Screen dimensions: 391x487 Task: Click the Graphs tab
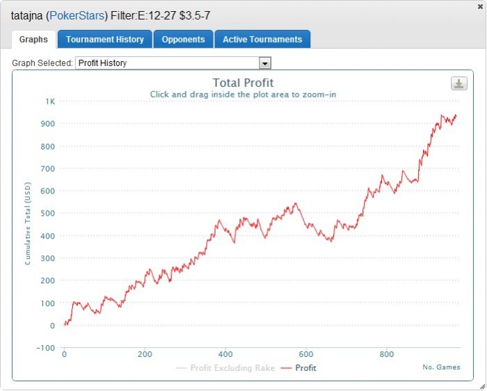(x=33, y=40)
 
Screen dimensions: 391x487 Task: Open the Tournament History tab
(x=104, y=40)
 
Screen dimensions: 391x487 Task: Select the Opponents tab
(x=183, y=40)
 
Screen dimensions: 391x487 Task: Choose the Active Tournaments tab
(x=262, y=40)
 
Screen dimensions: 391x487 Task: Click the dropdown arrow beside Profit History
(x=264, y=63)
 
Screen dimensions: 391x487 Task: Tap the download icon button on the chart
(x=458, y=83)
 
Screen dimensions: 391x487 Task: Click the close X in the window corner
(x=480, y=6)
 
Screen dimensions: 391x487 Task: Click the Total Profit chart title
(x=243, y=83)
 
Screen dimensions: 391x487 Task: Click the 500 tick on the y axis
(x=48, y=214)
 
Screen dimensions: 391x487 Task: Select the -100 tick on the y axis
(x=46, y=348)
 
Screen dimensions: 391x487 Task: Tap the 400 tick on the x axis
(x=225, y=355)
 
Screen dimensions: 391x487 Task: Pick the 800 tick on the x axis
(x=386, y=355)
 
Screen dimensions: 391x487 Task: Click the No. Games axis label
(x=441, y=367)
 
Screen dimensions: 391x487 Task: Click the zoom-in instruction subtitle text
(x=243, y=95)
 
